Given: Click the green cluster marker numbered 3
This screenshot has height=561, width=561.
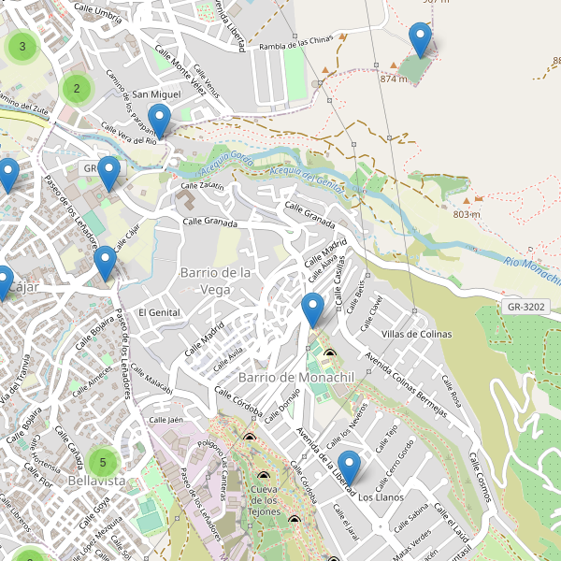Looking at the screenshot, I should (x=22, y=46).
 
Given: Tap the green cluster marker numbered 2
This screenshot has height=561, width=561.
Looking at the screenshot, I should (x=77, y=89).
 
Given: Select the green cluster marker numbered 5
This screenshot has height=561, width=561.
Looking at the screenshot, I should (x=103, y=461).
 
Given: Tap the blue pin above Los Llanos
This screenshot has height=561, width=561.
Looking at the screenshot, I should (x=350, y=467).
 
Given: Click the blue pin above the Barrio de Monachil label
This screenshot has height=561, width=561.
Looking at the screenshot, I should (x=313, y=309).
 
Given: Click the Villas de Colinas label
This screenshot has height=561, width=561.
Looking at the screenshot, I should (x=417, y=335).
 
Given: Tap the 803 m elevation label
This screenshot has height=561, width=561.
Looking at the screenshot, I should (x=466, y=214).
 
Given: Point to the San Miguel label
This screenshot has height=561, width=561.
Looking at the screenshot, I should (x=156, y=94).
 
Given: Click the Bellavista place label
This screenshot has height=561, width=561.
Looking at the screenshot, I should (x=96, y=480).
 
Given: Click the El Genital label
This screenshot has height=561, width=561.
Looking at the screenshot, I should (x=158, y=312).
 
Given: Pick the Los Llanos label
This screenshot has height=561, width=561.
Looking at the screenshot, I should (x=381, y=497).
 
